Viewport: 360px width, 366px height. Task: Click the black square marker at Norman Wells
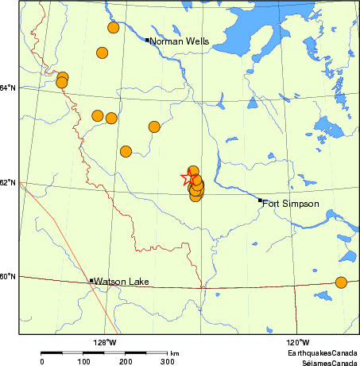(148, 39)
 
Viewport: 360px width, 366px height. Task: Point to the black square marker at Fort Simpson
(260, 201)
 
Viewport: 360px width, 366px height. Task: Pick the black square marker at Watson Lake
(91, 280)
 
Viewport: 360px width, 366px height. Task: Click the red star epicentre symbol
(189, 179)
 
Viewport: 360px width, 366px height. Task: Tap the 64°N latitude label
(8, 88)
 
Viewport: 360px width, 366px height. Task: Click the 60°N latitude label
(8, 277)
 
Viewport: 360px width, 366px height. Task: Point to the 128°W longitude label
(104, 342)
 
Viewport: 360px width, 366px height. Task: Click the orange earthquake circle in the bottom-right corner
(341, 282)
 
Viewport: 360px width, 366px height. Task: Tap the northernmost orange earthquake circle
(113, 28)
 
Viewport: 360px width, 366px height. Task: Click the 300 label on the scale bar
(168, 361)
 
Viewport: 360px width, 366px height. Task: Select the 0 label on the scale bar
(41, 361)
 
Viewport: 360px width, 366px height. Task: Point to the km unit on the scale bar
(174, 352)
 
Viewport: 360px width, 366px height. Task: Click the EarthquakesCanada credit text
(323, 352)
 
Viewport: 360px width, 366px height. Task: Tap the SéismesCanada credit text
(326, 361)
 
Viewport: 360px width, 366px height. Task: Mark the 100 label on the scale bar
(83, 361)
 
